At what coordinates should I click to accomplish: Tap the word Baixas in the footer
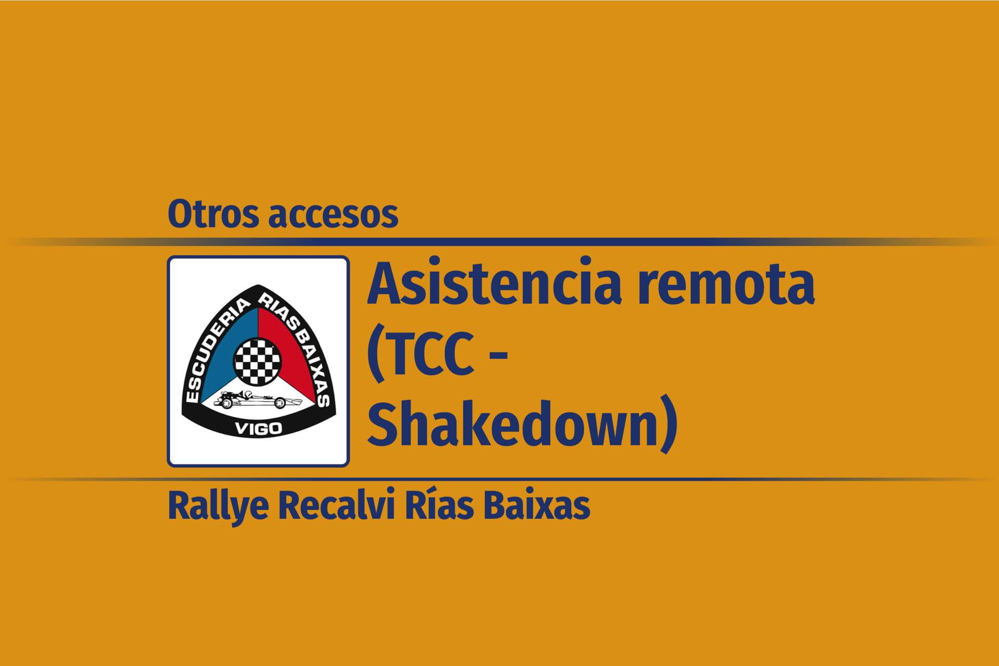(x=537, y=506)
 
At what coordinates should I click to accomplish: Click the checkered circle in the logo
(x=258, y=358)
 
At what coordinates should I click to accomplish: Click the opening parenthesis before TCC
(x=375, y=360)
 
